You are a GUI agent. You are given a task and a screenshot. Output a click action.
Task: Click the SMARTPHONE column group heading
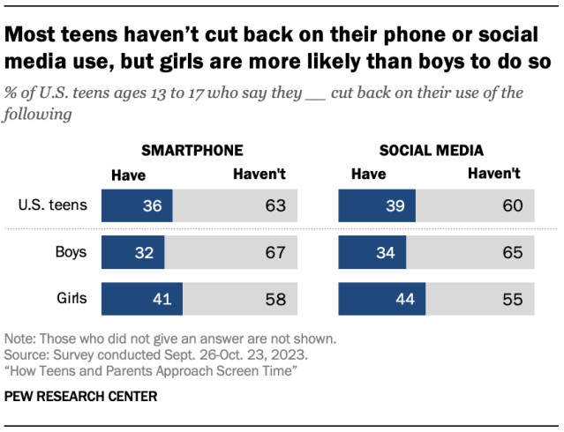192,150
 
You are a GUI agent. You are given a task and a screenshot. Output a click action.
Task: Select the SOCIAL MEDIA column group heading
432,150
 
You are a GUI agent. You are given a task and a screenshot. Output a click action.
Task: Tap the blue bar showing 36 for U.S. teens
137,207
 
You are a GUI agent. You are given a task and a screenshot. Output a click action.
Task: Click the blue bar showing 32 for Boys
132,253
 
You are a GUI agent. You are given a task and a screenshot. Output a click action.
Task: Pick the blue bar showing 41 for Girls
142,299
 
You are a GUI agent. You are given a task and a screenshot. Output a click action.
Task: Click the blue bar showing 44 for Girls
382,299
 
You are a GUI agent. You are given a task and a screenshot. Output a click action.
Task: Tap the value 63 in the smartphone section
274,207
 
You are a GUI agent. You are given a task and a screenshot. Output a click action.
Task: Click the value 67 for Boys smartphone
274,253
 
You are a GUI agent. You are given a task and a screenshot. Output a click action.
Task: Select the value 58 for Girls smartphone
274,299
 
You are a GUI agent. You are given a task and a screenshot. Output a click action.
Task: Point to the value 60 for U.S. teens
513,207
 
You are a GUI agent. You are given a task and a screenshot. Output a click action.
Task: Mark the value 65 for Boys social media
513,253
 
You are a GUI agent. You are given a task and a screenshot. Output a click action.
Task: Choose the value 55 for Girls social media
513,299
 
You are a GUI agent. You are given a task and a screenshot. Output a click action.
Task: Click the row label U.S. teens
54,206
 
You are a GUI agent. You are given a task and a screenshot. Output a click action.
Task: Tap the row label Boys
70,252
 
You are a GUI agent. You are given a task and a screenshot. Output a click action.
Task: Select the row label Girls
71,298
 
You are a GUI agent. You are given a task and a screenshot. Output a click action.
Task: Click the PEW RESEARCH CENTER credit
81,397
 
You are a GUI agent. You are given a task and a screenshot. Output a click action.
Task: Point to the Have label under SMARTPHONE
128,175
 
